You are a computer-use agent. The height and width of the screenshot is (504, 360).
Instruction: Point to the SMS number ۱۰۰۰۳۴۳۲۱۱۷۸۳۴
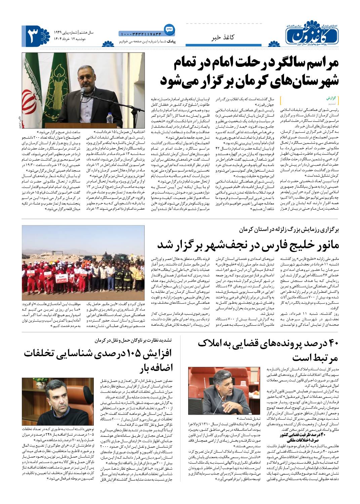pos(140,34)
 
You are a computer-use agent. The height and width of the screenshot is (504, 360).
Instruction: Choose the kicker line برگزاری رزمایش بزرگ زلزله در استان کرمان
pos(289,229)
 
